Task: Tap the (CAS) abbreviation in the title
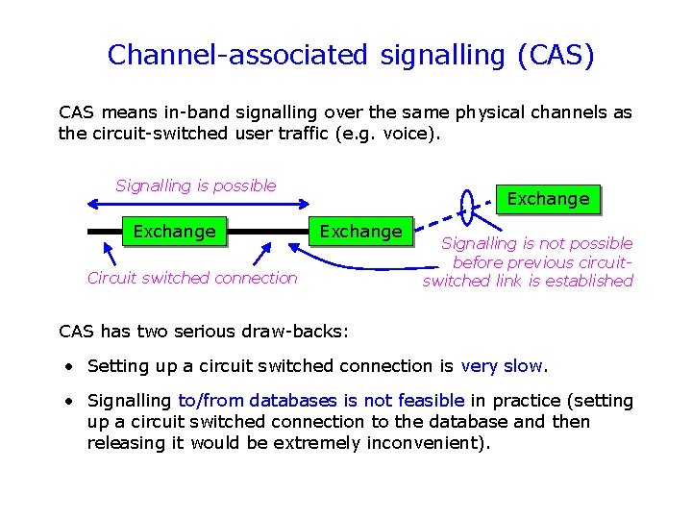(556, 55)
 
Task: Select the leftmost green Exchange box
(174, 232)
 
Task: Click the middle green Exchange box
(360, 232)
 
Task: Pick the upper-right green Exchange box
(548, 199)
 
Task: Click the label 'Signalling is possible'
(196, 185)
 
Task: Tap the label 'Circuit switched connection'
(192, 278)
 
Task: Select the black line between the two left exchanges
(267, 232)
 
